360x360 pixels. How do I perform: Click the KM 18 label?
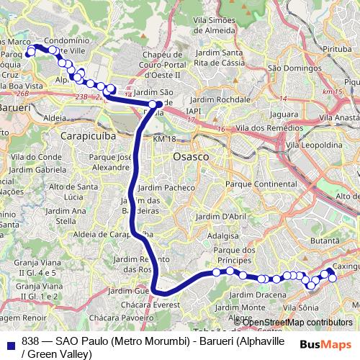click(164, 138)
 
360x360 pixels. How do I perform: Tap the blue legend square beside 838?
click(11, 343)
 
